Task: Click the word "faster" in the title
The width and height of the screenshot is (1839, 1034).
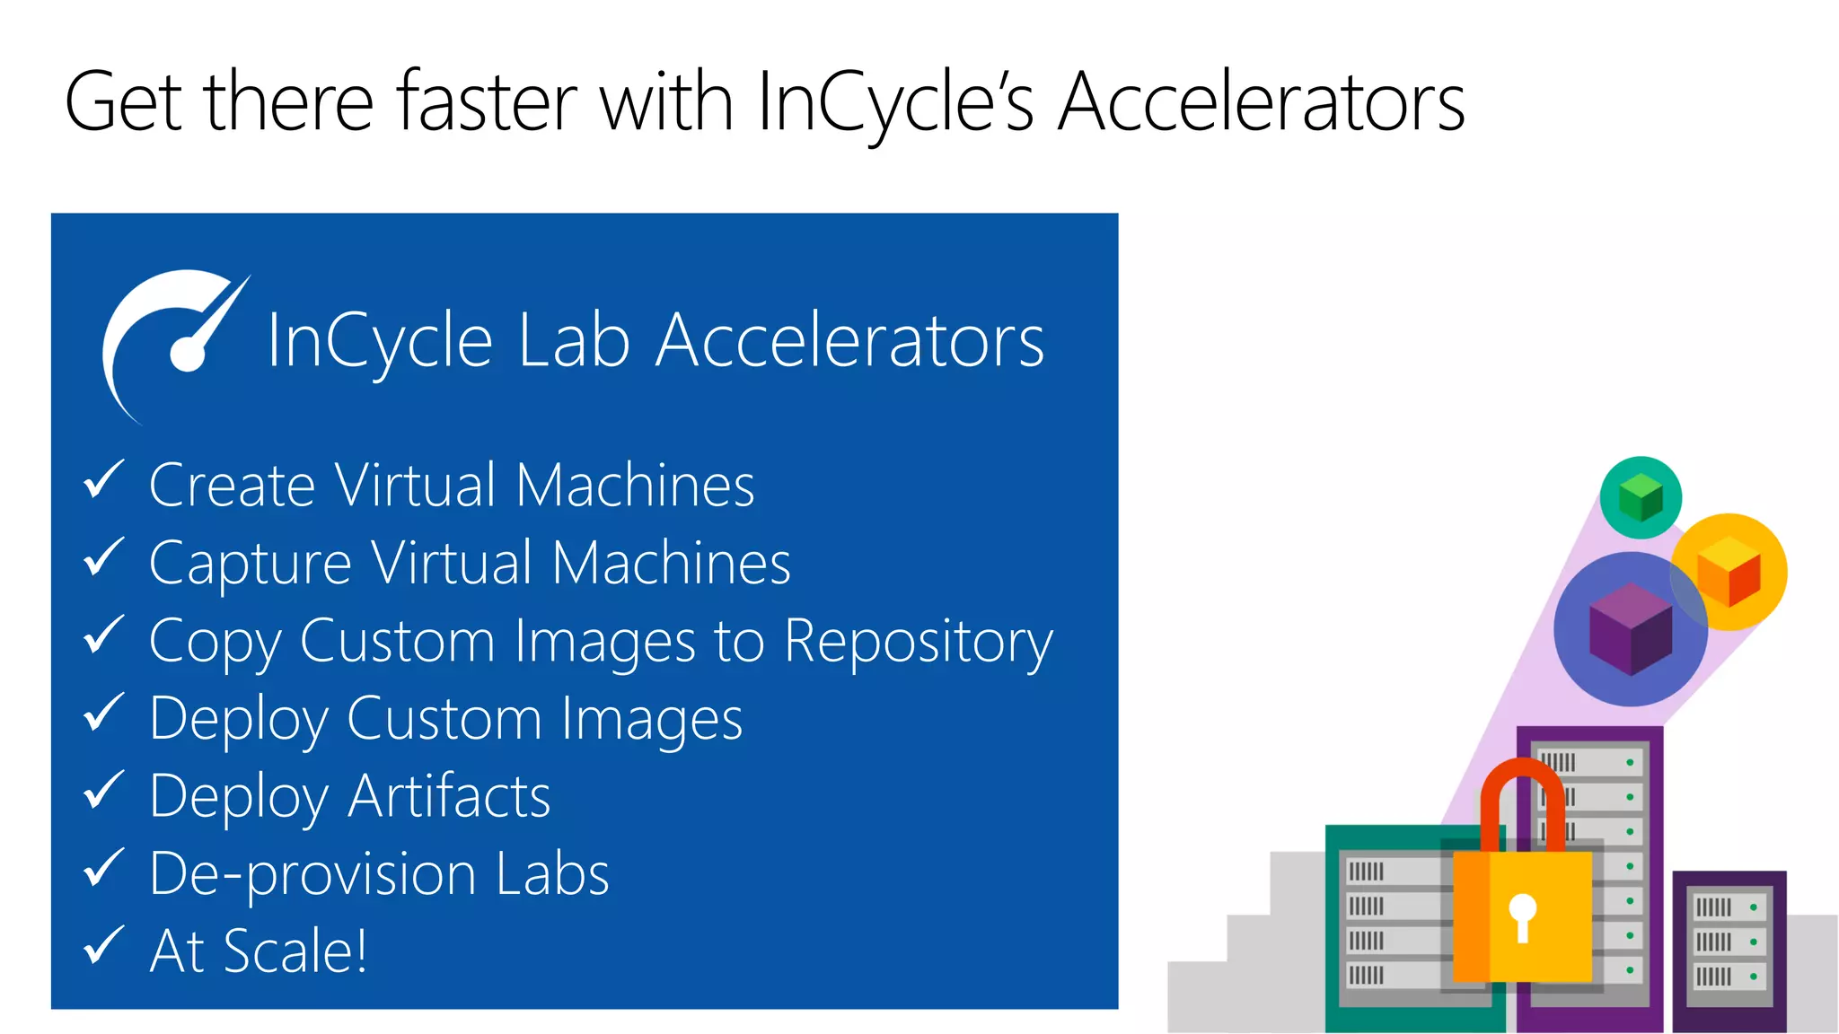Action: [x=488, y=102]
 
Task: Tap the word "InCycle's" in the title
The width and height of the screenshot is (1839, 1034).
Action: [x=896, y=102]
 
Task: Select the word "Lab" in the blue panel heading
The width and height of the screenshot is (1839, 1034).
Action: [x=574, y=341]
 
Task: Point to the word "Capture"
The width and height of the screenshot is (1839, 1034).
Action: [x=250, y=565]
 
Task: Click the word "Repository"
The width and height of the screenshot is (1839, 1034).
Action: [x=918, y=643]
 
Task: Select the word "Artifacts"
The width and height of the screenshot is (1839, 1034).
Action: [x=449, y=797]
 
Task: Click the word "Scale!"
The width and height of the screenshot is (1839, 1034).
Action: [x=295, y=951]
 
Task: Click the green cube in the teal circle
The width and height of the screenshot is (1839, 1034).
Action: [x=1641, y=497]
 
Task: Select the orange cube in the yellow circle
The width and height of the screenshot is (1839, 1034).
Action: [x=1729, y=572]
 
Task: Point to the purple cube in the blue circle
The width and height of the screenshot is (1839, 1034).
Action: [x=1630, y=628]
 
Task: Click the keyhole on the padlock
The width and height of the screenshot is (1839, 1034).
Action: [x=1522, y=916]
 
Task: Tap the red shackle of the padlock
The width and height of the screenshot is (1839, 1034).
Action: [x=1522, y=790]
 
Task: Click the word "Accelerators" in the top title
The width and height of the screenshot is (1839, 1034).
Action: [x=1262, y=102]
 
